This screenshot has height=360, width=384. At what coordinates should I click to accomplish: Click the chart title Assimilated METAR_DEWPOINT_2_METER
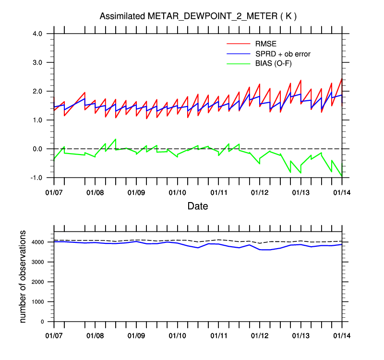pyautogui.click(x=198, y=16)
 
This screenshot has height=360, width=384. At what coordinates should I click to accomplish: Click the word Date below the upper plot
pyautogui.click(x=198, y=206)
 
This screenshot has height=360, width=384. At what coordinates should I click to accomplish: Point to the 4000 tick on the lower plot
pyautogui.click(x=39, y=242)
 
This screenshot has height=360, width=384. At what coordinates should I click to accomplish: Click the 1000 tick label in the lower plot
pyautogui.click(x=39, y=302)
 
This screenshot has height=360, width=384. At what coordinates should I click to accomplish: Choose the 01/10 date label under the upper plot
pyautogui.click(x=177, y=192)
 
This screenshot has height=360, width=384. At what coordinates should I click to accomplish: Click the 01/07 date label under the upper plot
pyautogui.click(x=54, y=192)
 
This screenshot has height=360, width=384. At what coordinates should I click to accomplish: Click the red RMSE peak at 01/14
pyautogui.click(x=341, y=79)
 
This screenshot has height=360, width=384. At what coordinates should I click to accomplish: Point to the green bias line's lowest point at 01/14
pyautogui.click(x=341, y=176)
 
